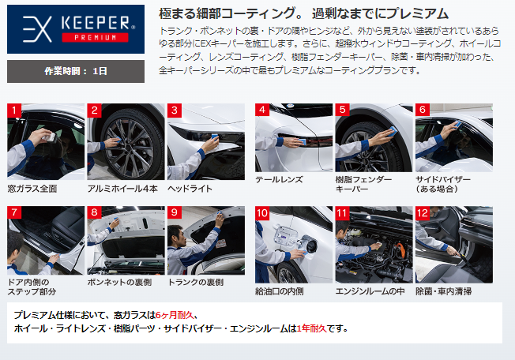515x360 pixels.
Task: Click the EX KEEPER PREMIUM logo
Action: click(76, 29)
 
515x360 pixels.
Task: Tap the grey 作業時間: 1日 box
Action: click(76, 71)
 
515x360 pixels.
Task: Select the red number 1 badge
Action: click(14, 111)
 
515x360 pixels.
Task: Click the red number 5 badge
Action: click(342, 110)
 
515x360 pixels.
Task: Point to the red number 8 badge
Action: click(94, 212)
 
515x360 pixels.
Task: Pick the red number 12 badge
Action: click(423, 213)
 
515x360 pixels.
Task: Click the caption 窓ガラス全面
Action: click(32, 189)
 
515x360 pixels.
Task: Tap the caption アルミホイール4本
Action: click(122, 189)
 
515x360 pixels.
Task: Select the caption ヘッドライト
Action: click(190, 189)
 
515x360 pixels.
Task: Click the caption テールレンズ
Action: click(279, 179)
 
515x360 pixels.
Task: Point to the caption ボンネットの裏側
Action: click(119, 282)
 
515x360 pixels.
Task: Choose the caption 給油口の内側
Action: click(279, 291)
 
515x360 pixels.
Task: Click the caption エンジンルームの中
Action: click(370, 291)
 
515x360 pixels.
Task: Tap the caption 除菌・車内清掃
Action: click(444, 291)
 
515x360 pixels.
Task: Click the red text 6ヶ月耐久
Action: click(175, 315)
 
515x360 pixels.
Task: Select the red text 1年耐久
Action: click(311, 328)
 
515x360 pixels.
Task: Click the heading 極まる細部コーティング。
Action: click(232, 13)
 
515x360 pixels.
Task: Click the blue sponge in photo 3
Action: click(215, 137)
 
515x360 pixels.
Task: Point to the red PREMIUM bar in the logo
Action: click(95, 37)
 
